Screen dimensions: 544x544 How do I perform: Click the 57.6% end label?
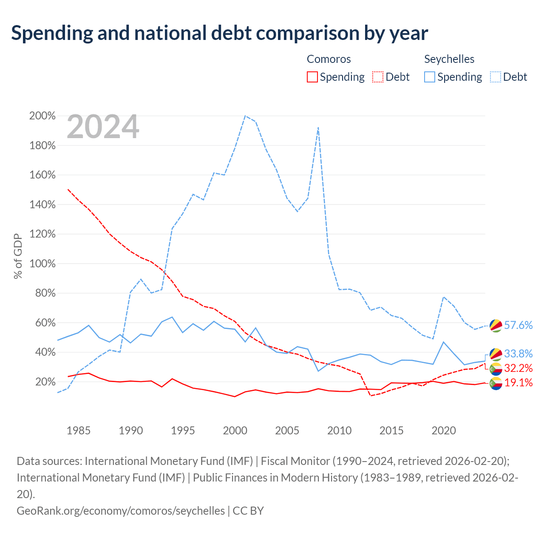click(518, 325)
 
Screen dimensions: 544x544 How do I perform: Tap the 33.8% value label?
click(518, 354)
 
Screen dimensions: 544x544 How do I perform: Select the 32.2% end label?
click(518, 368)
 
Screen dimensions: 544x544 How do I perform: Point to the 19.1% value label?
click(518, 383)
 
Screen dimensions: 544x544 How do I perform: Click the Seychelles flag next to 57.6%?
click(496, 326)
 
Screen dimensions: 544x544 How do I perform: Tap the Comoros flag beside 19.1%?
click(496, 383)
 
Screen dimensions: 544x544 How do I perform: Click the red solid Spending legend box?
click(312, 77)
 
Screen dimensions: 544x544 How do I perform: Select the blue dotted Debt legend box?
click(496, 77)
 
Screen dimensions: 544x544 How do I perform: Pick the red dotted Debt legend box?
click(378, 77)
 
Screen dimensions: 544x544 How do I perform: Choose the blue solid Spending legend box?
click(429, 77)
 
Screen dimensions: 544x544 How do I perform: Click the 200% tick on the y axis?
click(42, 116)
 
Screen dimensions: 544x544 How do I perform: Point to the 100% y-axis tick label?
click(42, 263)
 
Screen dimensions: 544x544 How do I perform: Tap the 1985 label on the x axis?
click(79, 431)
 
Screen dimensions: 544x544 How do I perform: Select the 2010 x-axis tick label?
click(339, 431)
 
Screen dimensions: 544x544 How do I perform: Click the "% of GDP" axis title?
click(18, 256)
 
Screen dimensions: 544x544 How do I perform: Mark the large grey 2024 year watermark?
click(103, 127)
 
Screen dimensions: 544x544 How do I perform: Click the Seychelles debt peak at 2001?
click(245, 116)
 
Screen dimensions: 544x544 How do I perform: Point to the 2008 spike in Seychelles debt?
click(318, 127)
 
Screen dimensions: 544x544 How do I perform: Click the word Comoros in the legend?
click(329, 59)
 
